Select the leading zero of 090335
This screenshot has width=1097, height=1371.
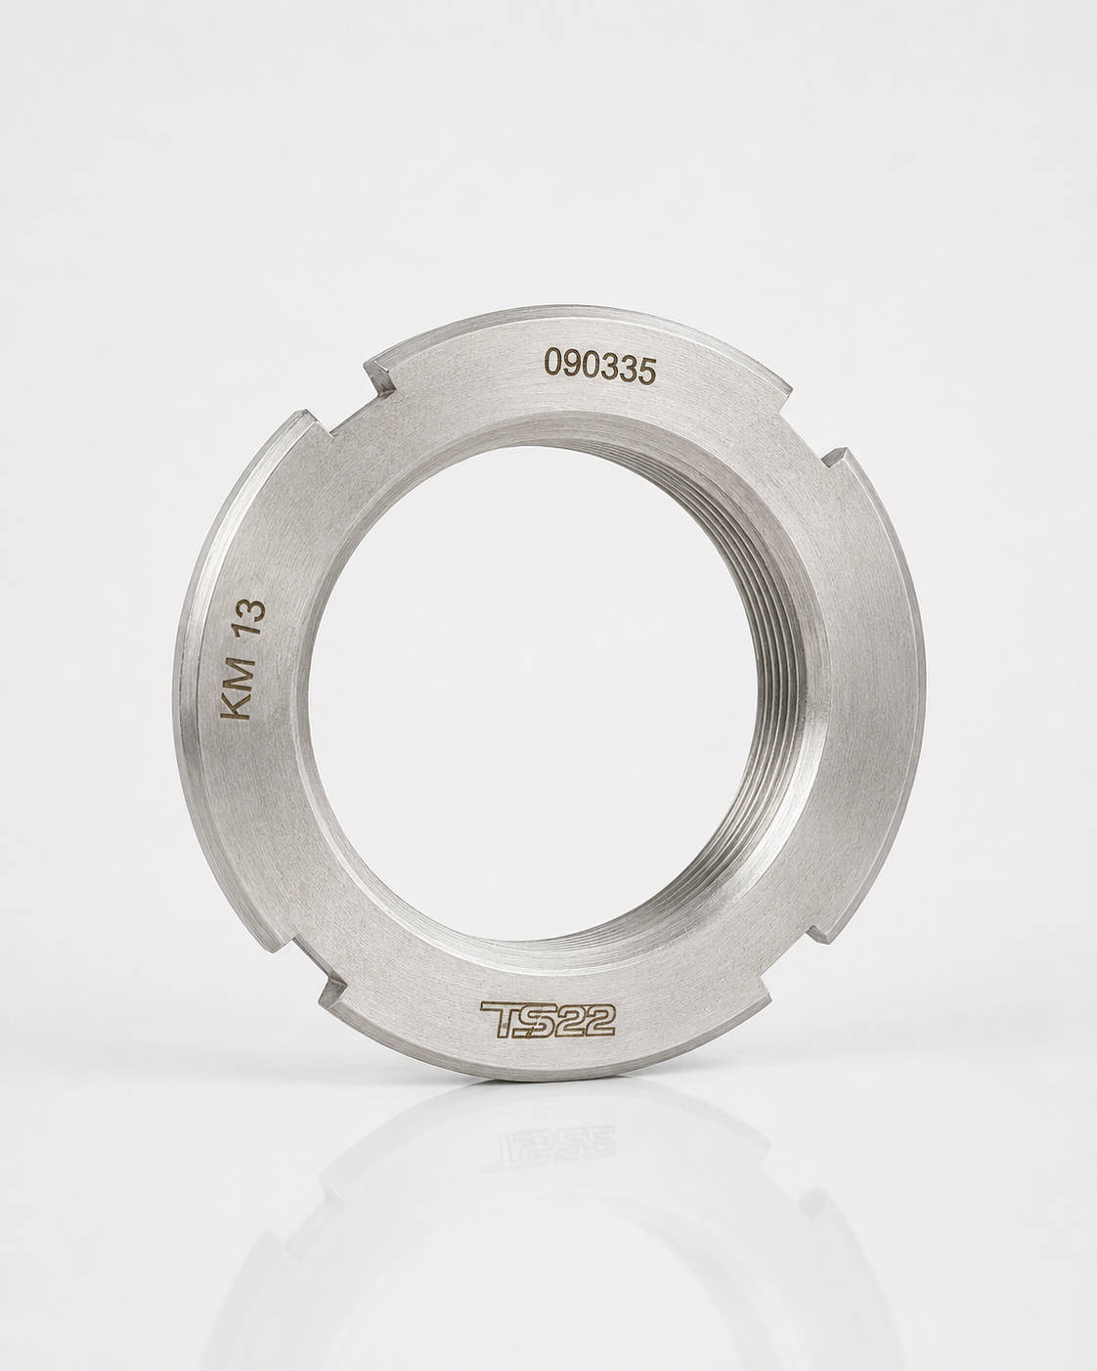coord(552,363)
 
